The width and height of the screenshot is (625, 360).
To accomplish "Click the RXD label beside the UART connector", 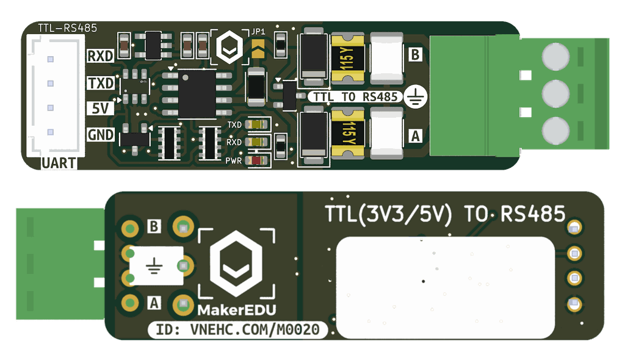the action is [101, 56].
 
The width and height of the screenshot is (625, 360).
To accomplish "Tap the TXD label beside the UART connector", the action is [101, 83].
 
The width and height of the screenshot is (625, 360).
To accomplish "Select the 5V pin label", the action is [101, 109].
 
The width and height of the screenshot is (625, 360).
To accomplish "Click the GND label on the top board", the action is [101, 135].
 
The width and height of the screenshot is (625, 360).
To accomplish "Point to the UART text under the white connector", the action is [59, 163].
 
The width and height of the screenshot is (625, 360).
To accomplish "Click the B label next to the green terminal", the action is [415, 56].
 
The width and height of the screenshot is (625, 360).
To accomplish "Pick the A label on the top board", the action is [415, 136].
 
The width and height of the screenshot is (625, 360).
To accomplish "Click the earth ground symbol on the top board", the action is [416, 96].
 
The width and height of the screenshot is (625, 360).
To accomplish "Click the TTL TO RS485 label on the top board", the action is [355, 96].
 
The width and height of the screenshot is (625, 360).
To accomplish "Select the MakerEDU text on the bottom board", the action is [236, 310].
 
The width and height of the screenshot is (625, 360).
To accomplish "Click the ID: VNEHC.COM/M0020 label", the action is [238, 330].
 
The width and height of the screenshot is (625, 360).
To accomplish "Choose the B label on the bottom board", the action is [154, 227].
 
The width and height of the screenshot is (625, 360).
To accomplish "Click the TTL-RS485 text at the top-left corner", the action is [67, 28].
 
